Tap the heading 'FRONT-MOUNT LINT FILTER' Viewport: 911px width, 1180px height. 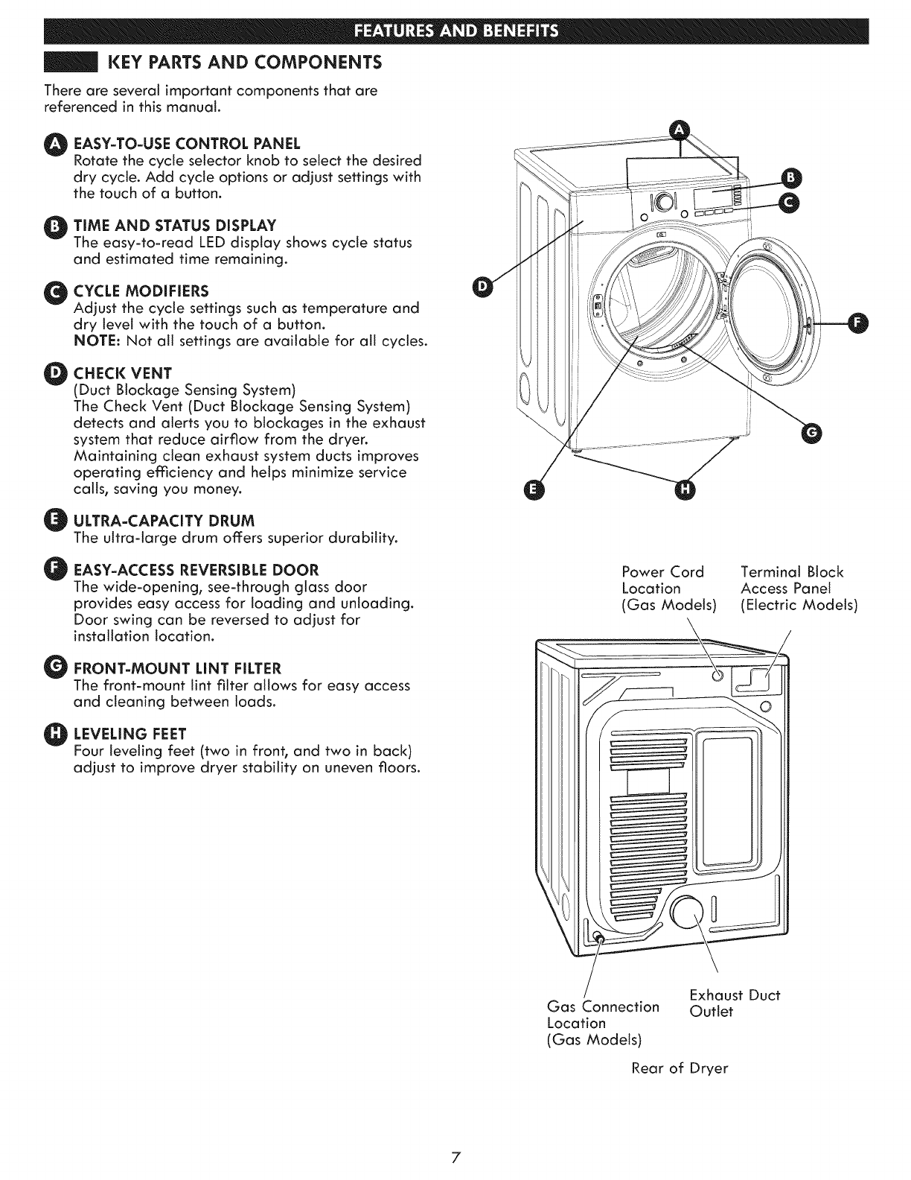(177, 666)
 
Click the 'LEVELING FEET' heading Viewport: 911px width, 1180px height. (130, 731)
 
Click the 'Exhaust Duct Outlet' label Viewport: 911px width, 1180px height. (734, 1003)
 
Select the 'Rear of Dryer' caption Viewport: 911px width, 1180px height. (680, 1068)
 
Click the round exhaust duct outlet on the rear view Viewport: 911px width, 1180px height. (688, 913)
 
